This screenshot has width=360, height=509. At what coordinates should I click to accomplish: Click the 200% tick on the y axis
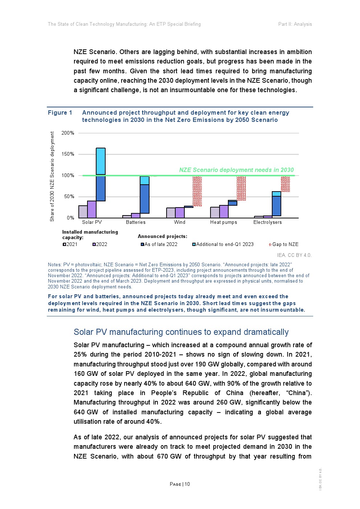[x=68, y=133]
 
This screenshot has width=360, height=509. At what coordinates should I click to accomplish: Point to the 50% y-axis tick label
[x=69, y=197]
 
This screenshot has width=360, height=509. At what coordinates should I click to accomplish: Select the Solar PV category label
[x=92, y=222]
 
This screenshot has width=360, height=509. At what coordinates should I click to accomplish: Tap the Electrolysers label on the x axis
[x=267, y=222]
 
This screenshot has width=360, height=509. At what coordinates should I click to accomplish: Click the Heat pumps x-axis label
[x=224, y=222]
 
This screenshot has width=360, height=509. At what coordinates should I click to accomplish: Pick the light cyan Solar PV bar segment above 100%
[x=101, y=161]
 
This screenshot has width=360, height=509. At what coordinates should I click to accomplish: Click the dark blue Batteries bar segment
[x=144, y=199]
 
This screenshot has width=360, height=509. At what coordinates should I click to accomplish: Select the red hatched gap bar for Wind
[x=197, y=191]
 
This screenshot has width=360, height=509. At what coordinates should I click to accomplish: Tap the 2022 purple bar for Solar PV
[x=92, y=209]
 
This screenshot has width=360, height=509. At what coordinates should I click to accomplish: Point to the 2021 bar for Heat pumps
[x=215, y=213]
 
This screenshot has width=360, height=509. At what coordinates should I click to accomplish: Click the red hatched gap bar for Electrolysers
[x=285, y=184]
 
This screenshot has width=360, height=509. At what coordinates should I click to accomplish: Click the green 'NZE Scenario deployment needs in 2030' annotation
[x=236, y=170]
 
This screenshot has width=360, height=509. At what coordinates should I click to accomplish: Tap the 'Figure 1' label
[x=60, y=113]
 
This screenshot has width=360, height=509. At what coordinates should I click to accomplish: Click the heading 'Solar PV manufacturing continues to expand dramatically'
[x=181, y=332]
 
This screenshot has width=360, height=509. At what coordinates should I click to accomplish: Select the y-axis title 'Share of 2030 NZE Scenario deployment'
[x=52, y=176]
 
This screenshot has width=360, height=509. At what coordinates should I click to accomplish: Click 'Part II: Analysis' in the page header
[x=295, y=24]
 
